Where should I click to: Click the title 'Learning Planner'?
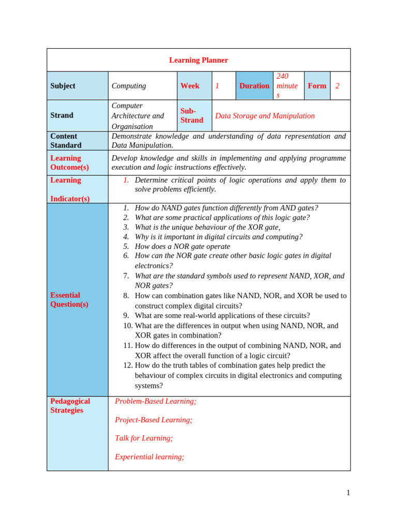coord(198,60)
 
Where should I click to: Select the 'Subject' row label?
coord(63,86)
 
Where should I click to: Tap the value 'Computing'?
coord(129,86)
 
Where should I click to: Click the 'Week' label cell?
coord(190,86)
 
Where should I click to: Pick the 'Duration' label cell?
coord(254,86)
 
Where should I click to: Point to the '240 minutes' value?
coord(287,86)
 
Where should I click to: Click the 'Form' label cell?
coord(317,86)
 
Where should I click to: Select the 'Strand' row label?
coord(62,115)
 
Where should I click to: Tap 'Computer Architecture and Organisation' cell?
coord(138,116)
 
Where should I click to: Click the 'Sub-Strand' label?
coord(192,115)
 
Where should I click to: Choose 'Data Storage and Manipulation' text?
coord(265,116)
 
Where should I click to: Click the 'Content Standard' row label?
coord(66,141)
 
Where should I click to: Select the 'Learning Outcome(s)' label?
coord(69,163)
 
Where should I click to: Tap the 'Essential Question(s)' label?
coord(69,300)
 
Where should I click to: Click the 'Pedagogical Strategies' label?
coord(70,406)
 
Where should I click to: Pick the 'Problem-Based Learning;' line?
coord(156,401)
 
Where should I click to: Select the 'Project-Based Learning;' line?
coord(154,420)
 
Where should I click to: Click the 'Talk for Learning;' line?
coord(144,438)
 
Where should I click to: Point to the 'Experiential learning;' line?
coord(149,457)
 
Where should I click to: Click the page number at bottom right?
coord(348,493)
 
